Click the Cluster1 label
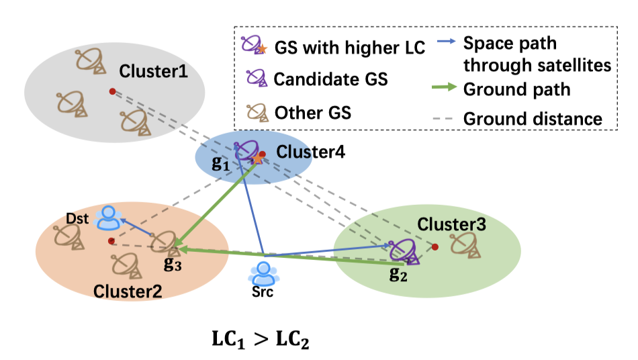(x=153, y=71)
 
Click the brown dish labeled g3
(x=164, y=244)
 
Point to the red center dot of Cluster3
(x=435, y=247)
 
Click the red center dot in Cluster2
(x=111, y=240)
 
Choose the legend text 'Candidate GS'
(x=330, y=79)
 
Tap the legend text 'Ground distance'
(x=533, y=119)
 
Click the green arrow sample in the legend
(x=445, y=89)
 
